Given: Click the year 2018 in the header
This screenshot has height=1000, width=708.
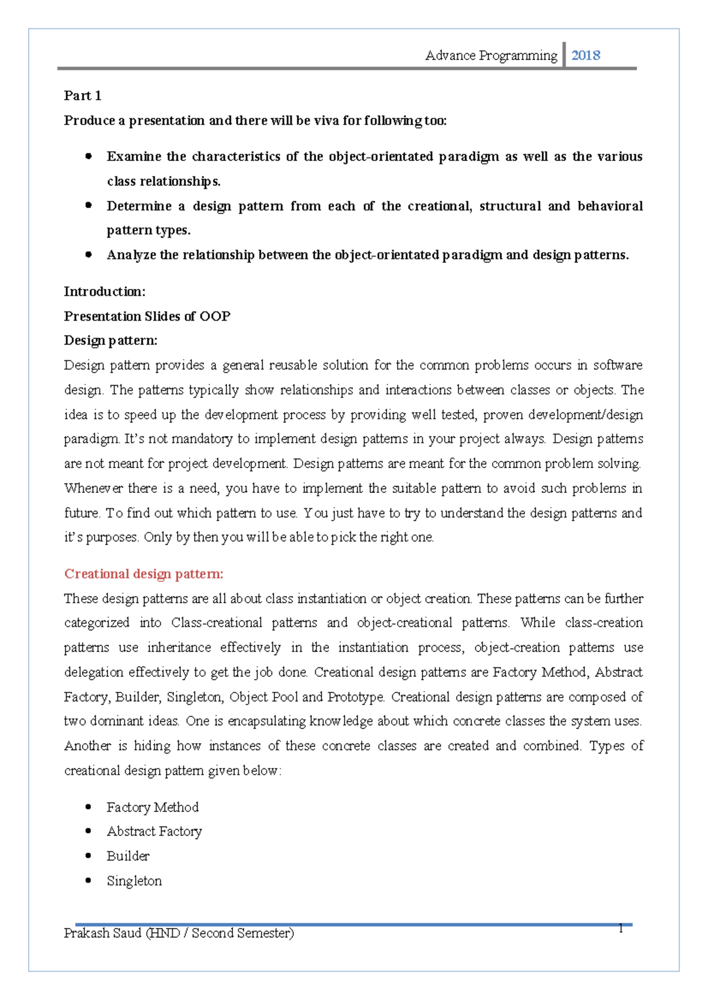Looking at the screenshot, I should click(585, 55).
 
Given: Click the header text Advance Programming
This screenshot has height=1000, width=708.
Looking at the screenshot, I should click(491, 55).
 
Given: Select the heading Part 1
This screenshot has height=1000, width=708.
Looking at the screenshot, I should click(83, 96).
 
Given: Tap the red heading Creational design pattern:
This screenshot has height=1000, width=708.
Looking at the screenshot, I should click(143, 574).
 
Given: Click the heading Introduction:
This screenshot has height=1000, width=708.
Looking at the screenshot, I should click(104, 291).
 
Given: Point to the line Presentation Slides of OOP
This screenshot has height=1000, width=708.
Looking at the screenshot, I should click(147, 316).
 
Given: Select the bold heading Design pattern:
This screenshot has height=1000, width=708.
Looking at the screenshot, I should click(110, 341).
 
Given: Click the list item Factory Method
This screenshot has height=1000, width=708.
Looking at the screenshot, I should click(152, 807).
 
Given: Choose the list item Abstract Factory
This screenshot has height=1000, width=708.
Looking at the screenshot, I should click(154, 831).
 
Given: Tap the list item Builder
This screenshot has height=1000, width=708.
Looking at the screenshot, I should click(128, 856).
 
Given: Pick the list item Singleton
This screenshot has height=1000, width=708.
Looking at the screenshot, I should click(134, 880).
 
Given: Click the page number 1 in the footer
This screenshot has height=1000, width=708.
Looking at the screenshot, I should click(621, 929).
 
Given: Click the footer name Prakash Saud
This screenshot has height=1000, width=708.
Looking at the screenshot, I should click(102, 933).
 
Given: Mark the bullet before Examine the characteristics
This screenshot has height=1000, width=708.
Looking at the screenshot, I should click(88, 156).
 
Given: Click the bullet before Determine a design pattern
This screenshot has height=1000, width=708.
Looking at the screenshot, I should click(88, 206).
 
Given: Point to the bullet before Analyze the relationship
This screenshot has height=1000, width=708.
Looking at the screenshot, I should click(88, 255).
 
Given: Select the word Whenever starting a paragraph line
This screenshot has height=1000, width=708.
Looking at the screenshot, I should click(93, 488).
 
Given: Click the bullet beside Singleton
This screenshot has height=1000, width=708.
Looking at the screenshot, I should click(88, 880).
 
